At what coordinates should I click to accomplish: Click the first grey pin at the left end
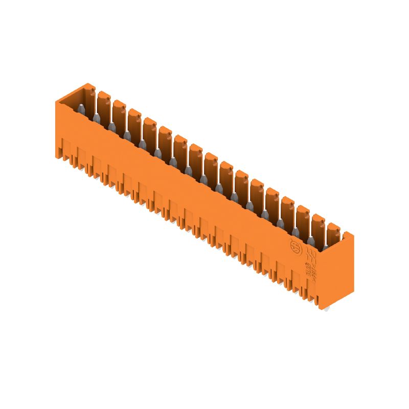point(81,109)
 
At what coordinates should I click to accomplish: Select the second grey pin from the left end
point(96,118)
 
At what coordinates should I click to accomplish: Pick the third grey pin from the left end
point(111,126)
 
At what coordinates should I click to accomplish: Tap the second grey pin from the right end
point(310,239)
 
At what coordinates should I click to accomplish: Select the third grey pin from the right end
point(295,231)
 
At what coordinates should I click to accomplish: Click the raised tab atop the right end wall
point(348,236)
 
